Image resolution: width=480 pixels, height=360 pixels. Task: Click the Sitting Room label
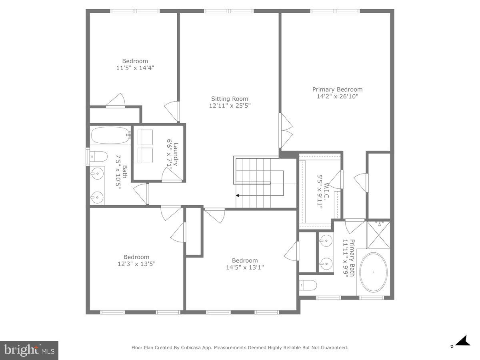point(230,99)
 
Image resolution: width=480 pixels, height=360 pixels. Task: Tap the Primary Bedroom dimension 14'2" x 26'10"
point(337,96)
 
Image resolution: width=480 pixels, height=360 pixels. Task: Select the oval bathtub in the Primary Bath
point(373,272)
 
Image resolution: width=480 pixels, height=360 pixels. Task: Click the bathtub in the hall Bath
point(110,135)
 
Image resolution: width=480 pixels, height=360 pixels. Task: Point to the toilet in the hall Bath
point(98,156)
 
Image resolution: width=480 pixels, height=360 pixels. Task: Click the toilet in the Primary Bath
point(309,285)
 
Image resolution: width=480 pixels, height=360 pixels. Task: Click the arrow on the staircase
point(238,196)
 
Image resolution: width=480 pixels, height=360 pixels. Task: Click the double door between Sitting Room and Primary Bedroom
point(286,130)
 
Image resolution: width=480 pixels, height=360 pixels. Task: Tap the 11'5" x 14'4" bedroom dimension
point(135,68)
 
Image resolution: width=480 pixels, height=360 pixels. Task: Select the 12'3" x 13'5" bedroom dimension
point(136,264)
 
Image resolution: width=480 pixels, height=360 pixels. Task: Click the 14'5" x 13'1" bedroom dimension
point(244,267)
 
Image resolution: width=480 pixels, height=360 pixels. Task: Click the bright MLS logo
point(29,350)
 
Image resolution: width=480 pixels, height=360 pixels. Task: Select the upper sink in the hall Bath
point(96,173)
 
